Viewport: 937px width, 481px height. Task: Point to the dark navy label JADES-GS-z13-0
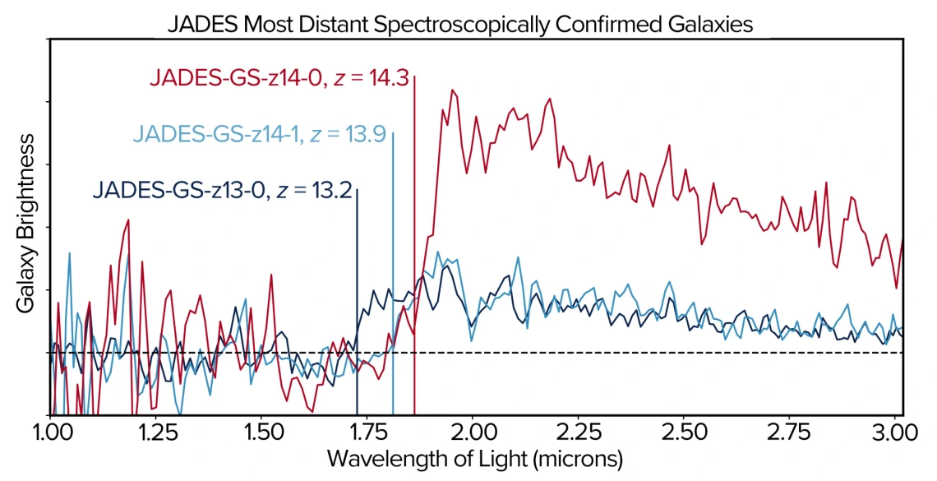coord(180,192)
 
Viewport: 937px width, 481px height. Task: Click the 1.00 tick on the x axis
coord(50,432)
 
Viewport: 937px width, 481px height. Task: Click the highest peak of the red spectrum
coord(450,90)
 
